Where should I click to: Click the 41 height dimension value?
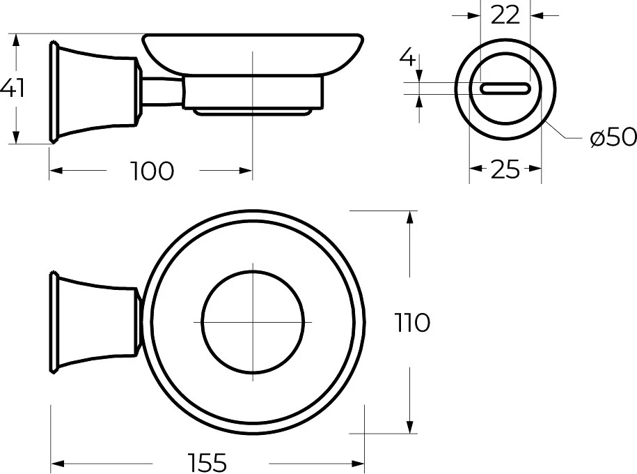pyautogui.click(x=13, y=89)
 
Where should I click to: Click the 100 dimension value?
pyautogui.click(x=152, y=171)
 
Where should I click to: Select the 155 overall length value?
pyautogui.click(x=207, y=463)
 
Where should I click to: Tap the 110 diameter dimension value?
pyautogui.click(x=412, y=323)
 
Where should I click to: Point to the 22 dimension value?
pyautogui.click(x=505, y=16)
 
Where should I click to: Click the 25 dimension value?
pyautogui.click(x=505, y=169)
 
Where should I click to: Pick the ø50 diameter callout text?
pyautogui.click(x=613, y=137)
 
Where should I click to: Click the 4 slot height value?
pyautogui.click(x=407, y=57)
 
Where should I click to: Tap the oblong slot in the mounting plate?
pyautogui.click(x=505, y=89)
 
